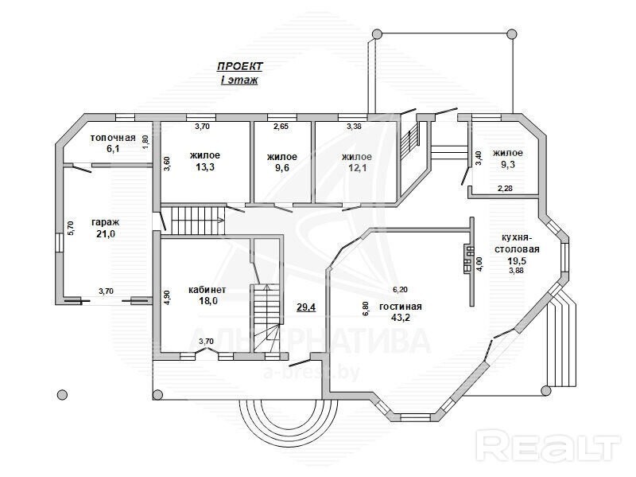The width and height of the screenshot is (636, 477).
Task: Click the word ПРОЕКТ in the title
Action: click(x=240, y=66)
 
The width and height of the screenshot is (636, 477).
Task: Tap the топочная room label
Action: click(x=113, y=138)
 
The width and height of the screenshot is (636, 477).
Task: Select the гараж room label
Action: click(x=106, y=222)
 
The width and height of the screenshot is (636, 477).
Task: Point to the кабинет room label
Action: click(x=207, y=290)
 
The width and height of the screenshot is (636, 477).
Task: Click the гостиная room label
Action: click(x=401, y=307)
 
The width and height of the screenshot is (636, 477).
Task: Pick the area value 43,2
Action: click(x=401, y=317)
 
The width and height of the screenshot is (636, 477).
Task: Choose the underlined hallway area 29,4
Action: click(x=306, y=307)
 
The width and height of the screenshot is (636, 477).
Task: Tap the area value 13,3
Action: click(x=205, y=166)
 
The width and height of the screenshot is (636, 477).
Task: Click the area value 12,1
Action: click(x=357, y=167)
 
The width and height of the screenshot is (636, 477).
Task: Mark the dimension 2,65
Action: click(x=281, y=127)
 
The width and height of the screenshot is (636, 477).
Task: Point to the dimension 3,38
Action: click(x=354, y=127)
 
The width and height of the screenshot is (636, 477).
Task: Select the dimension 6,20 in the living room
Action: click(x=400, y=290)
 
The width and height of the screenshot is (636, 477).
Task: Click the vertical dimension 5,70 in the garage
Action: click(x=70, y=228)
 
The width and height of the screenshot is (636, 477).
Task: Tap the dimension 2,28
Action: click(x=505, y=189)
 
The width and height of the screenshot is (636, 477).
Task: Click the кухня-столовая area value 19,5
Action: click(x=516, y=260)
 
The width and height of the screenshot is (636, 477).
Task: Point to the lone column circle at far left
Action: click(x=62, y=394)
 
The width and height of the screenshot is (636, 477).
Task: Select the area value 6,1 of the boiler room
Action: click(x=113, y=149)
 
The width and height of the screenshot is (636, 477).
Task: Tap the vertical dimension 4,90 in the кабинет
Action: click(x=167, y=297)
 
